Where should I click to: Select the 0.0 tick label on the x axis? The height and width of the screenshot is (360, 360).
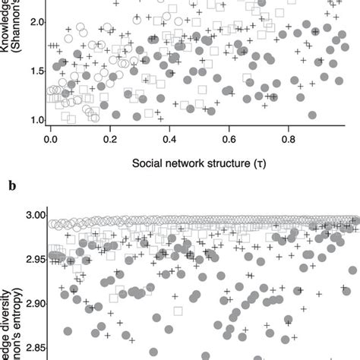(x=50, y=139)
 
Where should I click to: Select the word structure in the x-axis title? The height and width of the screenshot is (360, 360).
(x=238, y=163)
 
